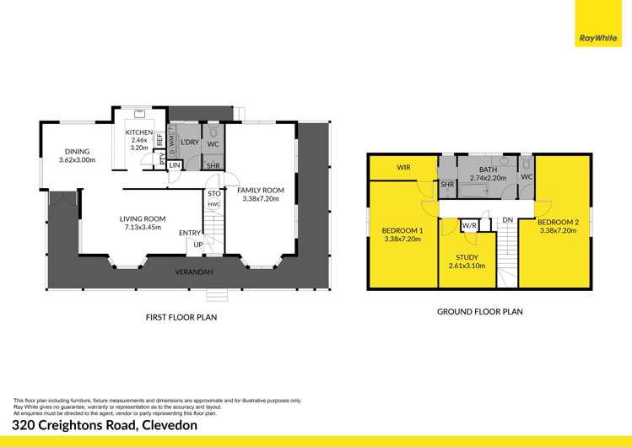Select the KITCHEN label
pyautogui.click(x=139, y=133)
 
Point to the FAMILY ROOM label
pyautogui.click(x=262, y=190)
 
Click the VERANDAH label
pyautogui.click(x=192, y=272)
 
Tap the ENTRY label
pyautogui.click(x=190, y=233)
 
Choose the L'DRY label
pyautogui.click(x=190, y=143)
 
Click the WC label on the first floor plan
pyautogui.click(x=213, y=143)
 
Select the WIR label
pyautogui.click(x=403, y=168)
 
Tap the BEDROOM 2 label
pyautogui.click(x=556, y=225)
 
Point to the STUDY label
pyautogui.click(x=467, y=257)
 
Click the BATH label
pyautogui.click(x=488, y=170)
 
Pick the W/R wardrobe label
pyautogui.click(x=469, y=225)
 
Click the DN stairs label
pyautogui.click(x=507, y=221)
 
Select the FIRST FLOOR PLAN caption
pyautogui.click(x=182, y=318)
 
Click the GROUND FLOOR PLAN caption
pyautogui.click(x=479, y=311)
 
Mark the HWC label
pyautogui.click(x=214, y=204)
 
